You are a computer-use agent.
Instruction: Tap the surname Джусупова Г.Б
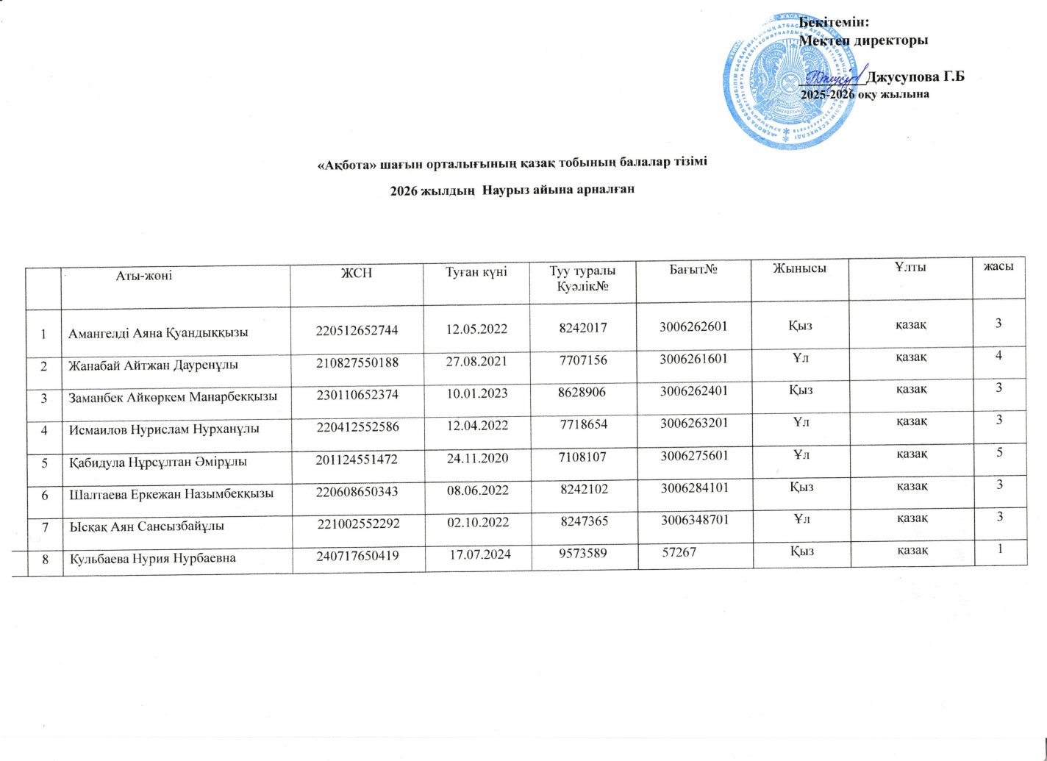tap(915, 76)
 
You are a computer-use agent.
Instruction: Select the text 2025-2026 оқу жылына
tap(865, 94)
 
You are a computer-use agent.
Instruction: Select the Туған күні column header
tap(476, 271)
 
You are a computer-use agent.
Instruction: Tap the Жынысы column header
tap(799, 268)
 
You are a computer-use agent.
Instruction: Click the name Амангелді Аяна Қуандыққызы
tap(158, 332)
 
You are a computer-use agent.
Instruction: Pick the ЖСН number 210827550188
tap(357, 362)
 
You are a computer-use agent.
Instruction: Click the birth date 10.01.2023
tap(477, 393)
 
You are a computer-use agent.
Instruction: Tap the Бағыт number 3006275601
tap(694, 455)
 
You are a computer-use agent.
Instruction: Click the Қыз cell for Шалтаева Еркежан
tap(801, 486)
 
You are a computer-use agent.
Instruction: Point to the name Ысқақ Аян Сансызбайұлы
tap(147, 526)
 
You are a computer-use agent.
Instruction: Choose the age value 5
tap(1000, 451)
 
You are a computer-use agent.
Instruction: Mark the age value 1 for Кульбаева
tap(1001, 548)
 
